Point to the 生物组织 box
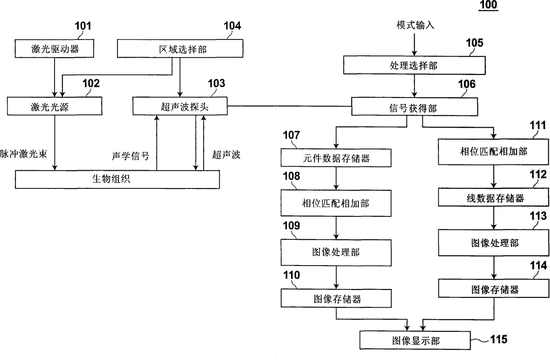pos(117,179)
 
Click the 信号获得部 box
pos(415,106)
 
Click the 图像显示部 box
pos(415,340)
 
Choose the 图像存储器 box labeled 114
pos(494,290)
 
